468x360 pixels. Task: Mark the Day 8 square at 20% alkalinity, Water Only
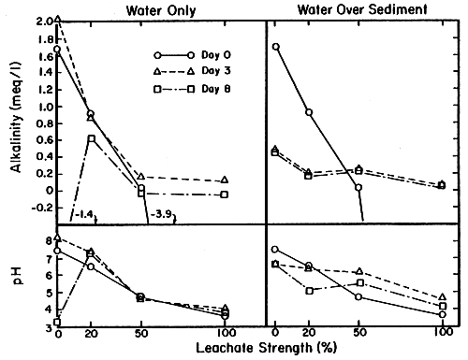pos(91,139)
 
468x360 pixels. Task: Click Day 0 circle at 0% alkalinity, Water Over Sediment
pos(275,47)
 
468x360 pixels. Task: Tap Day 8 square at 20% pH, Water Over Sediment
pos(308,291)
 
